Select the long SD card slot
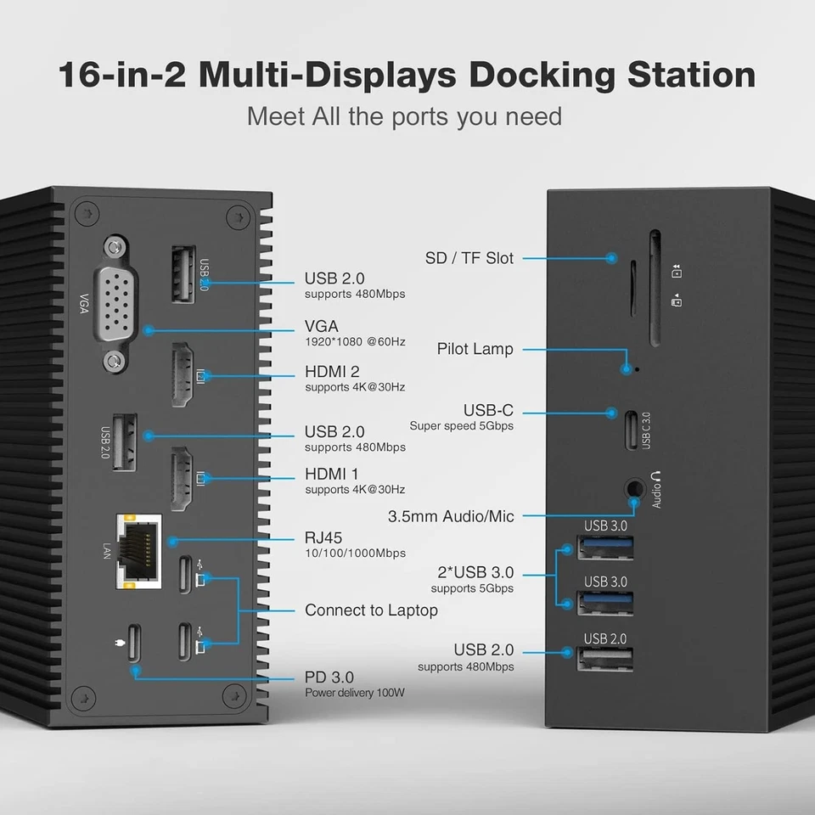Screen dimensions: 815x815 point(656,289)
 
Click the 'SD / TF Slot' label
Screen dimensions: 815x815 point(469,258)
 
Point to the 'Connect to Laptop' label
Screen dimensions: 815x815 point(371,610)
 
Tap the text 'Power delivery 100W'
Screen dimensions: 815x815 point(355,693)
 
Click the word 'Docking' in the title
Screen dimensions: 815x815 point(542,75)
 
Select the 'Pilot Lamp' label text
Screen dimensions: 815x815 point(475,349)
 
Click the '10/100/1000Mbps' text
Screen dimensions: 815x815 point(355,554)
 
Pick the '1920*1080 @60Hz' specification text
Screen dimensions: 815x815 point(355,342)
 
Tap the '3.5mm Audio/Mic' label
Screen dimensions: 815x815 point(451,516)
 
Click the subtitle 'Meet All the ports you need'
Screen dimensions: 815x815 point(404,115)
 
